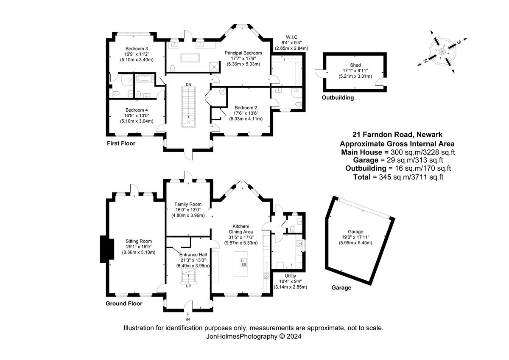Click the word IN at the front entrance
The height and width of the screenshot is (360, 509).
point(188,319)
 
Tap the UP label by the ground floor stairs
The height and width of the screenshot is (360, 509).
point(188,286)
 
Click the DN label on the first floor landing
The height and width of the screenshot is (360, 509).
point(188,85)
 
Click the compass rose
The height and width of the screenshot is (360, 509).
point(442,51)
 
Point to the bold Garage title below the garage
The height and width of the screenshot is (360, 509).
point(341,287)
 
